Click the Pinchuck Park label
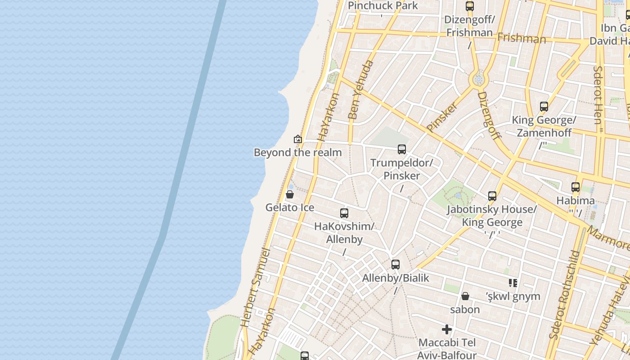click(x=383, y=6)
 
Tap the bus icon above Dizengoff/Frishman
click(x=470, y=6)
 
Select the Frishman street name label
click(x=522, y=38)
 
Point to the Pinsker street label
click(x=442, y=117)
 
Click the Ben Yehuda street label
click(x=361, y=90)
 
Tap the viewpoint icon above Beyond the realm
click(x=297, y=139)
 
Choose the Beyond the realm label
click(x=298, y=153)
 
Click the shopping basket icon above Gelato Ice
click(x=290, y=195)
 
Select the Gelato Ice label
click(x=290, y=208)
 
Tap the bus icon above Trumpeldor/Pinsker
click(x=402, y=149)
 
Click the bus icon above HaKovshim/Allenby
click(x=344, y=213)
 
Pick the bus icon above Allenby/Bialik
click(x=396, y=265)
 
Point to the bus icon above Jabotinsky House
click(x=492, y=196)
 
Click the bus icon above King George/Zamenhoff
click(x=544, y=107)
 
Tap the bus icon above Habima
click(x=576, y=187)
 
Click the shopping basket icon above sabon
click(x=465, y=296)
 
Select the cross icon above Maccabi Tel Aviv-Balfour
click(x=447, y=329)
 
